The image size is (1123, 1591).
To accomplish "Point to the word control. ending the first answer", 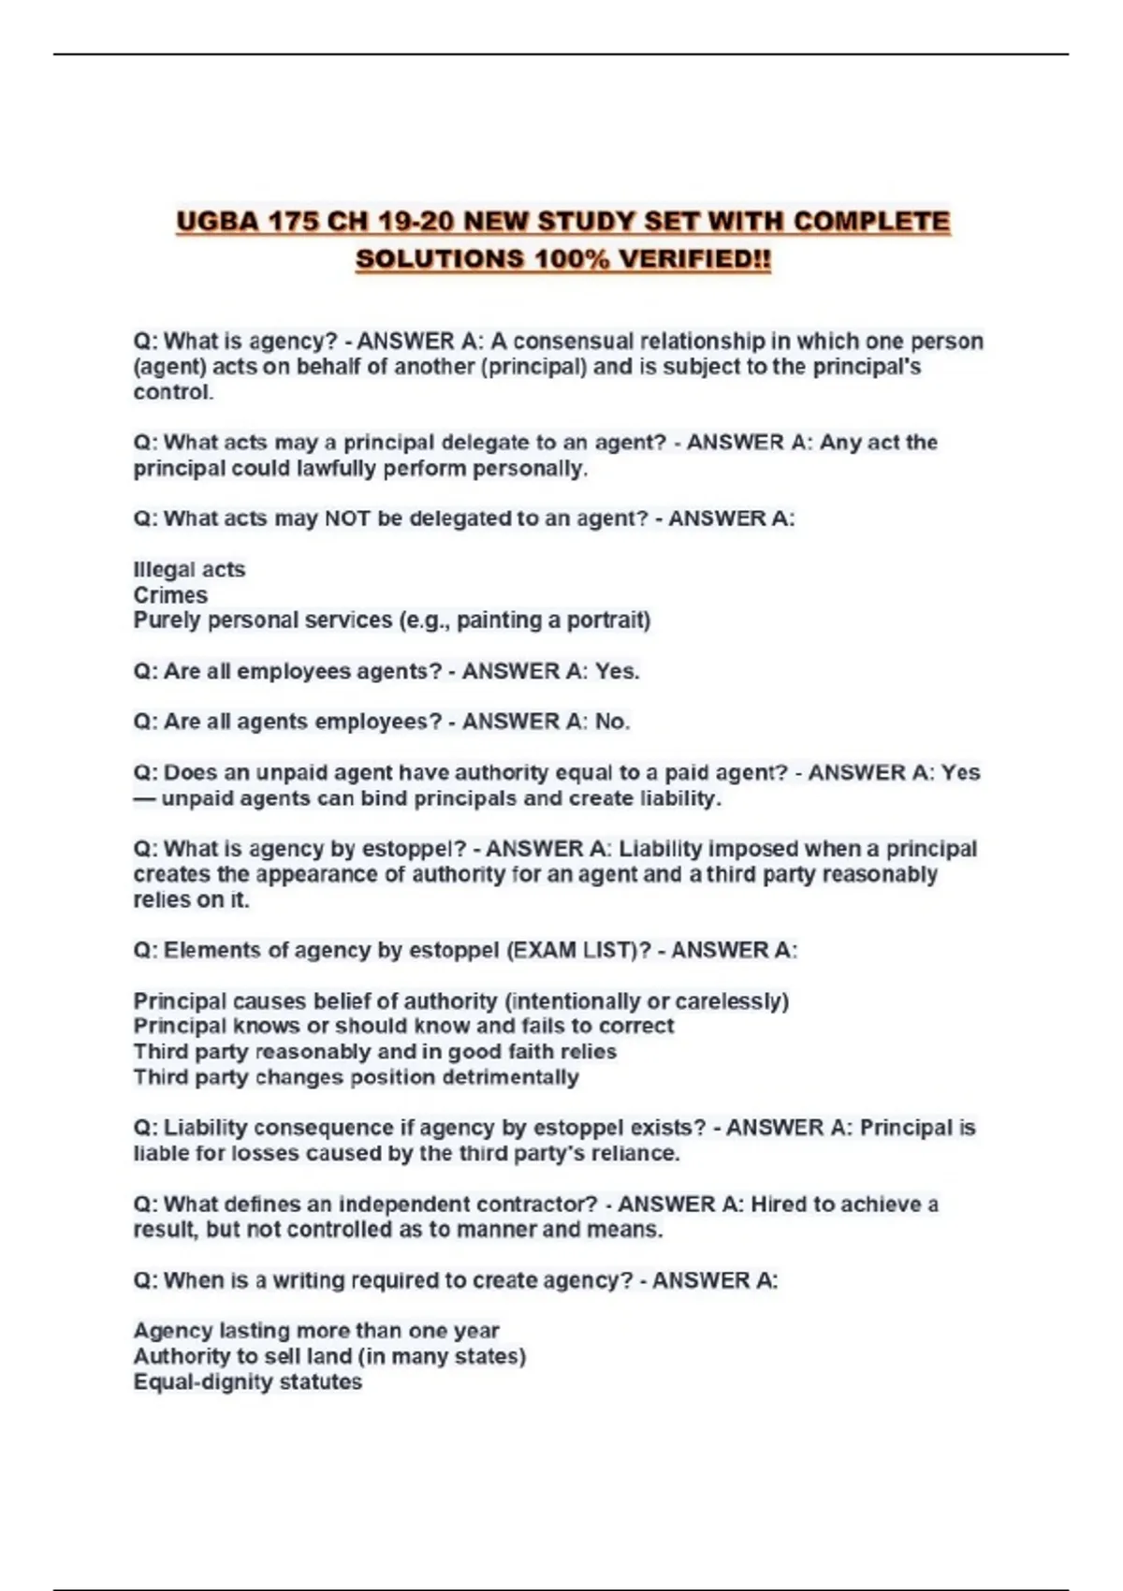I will [173, 392].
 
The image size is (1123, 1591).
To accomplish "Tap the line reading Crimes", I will [170, 595].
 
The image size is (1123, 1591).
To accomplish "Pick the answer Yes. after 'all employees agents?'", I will [618, 671].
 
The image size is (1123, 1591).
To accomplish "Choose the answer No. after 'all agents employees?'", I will [613, 722].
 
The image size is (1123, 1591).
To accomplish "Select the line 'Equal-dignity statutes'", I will [247, 1382].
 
